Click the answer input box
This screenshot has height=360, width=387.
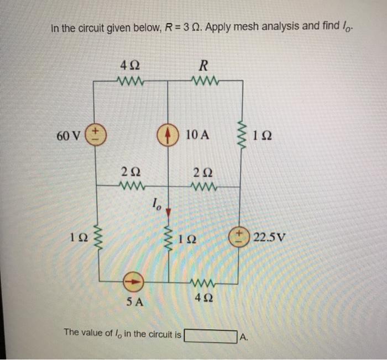[210, 335]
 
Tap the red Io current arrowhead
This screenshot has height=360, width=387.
[169, 210]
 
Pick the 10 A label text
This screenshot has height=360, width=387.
[197, 135]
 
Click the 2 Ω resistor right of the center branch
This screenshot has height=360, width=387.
[202, 186]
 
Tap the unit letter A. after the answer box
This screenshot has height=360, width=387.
[243, 336]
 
